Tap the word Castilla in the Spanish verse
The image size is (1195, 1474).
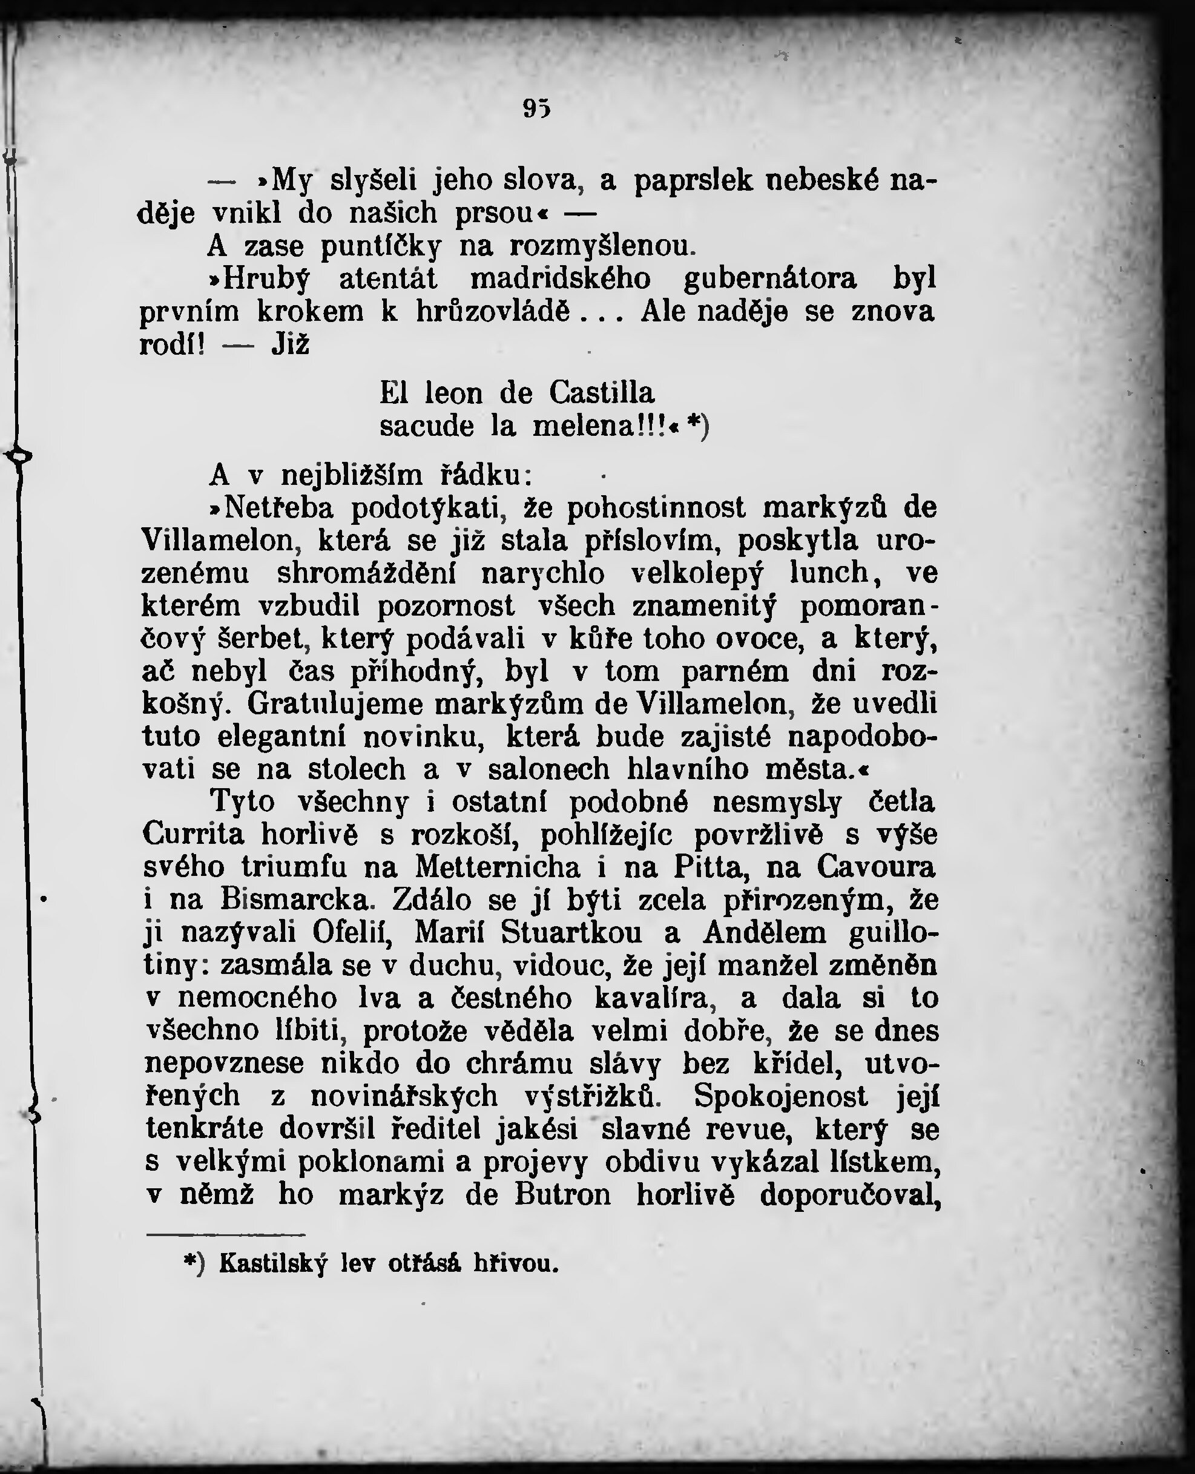602,393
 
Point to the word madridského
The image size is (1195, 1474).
561,278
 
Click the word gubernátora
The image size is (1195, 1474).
770,278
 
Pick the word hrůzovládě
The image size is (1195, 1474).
493,312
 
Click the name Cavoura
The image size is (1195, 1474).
877,867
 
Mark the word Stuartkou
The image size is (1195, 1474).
571,933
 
